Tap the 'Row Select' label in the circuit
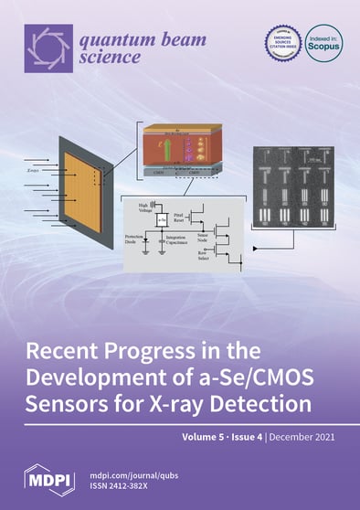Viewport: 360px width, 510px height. (207, 260)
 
